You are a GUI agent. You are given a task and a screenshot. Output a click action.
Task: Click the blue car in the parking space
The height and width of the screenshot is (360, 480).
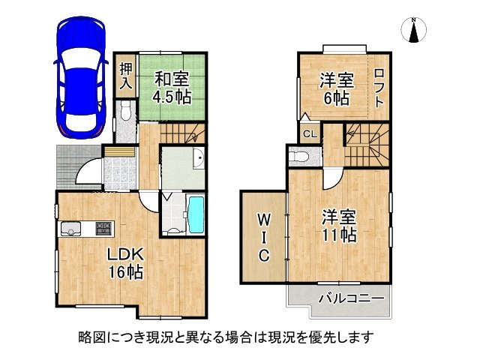[x=80, y=78]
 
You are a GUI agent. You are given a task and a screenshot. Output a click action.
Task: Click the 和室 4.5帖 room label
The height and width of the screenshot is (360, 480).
[x=172, y=87]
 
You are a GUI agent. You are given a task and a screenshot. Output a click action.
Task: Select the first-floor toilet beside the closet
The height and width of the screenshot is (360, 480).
[x=126, y=113]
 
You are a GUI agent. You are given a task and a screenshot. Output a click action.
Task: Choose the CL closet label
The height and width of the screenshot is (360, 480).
[x=309, y=134]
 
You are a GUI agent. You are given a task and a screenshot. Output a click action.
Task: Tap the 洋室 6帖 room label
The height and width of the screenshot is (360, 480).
[x=335, y=88]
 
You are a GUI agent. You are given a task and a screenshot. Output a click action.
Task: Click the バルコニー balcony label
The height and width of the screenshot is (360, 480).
[x=351, y=298]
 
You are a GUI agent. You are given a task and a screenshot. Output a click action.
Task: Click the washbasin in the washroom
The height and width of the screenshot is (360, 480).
[x=198, y=160]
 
